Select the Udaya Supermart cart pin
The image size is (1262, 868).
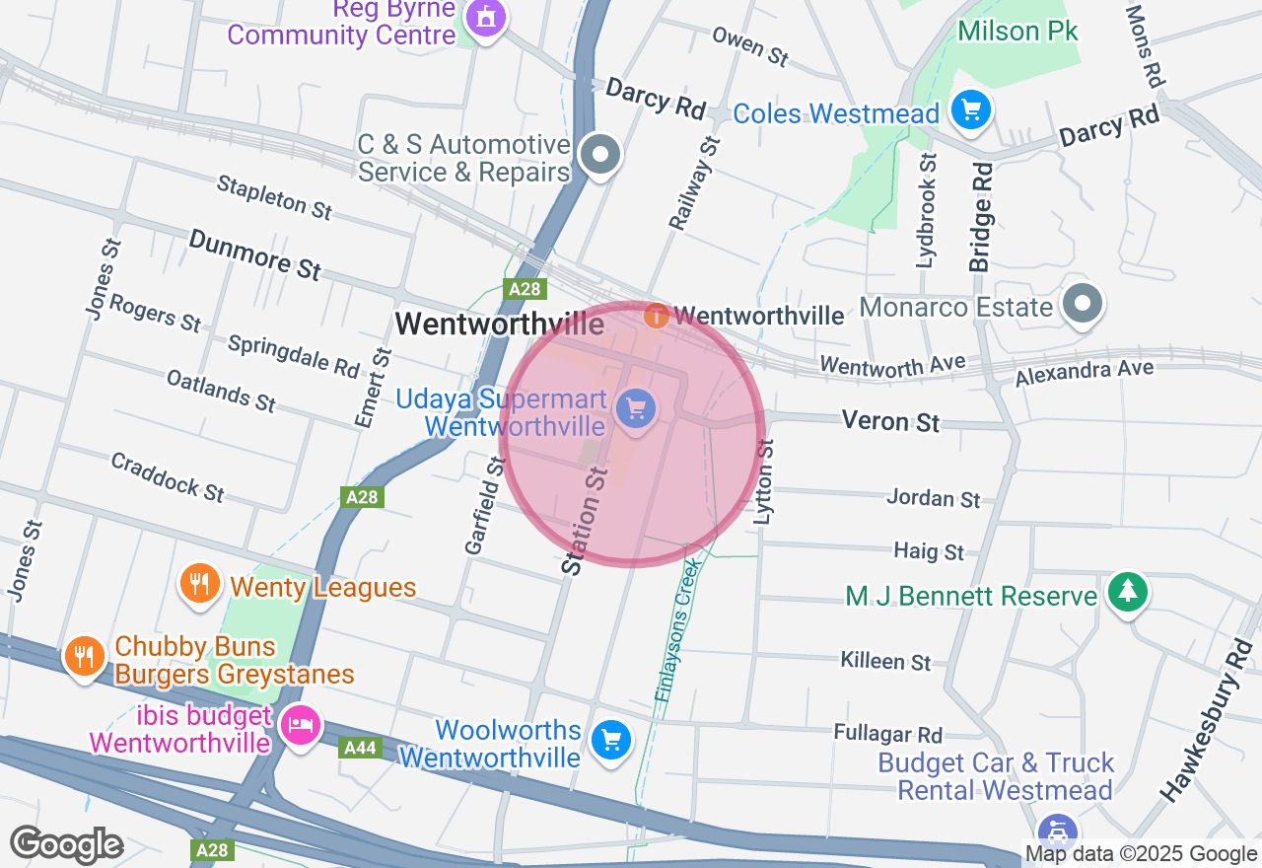(x=635, y=407)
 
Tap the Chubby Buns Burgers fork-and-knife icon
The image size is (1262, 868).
(x=84, y=654)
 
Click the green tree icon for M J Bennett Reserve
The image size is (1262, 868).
(x=1127, y=591)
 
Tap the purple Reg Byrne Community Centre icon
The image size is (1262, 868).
(x=484, y=17)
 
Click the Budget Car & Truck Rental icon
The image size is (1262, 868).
(x=1058, y=830)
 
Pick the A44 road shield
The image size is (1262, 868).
(x=360, y=749)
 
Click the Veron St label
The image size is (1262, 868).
(x=890, y=421)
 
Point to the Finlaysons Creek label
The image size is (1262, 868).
(x=677, y=631)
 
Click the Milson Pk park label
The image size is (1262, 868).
(x=1018, y=31)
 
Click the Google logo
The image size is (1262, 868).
(x=66, y=845)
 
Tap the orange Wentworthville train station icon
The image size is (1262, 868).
(x=655, y=316)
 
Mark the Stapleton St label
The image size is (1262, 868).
(x=274, y=196)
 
